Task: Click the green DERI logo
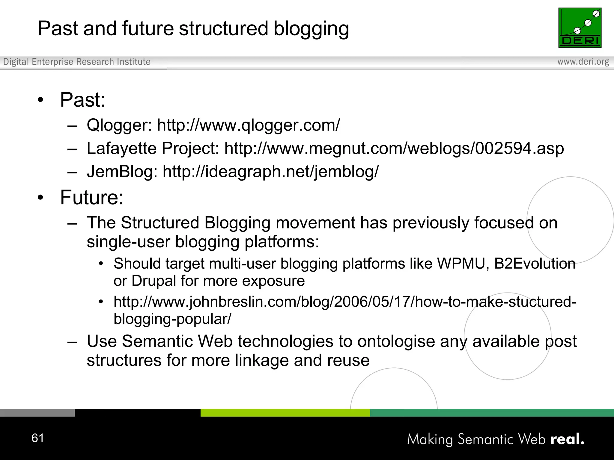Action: pyautogui.click(x=580, y=28)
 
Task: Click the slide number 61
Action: pyautogui.click(x=38, y=438)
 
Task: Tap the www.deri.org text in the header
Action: pyautogui.click(x=583, y=62)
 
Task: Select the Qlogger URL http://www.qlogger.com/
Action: pyautogui.click(x=249, y=125)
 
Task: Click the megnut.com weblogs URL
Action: pyautogui.click(x=394, y=148)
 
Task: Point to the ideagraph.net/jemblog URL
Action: pyautogui.click(x=270, y=172)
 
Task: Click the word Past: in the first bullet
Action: pyautogui.click(x=82, y=100)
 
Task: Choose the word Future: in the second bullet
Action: pyautogui.click(x=92, y=197)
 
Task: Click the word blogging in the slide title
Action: pyautogui.click(x=311, y=29)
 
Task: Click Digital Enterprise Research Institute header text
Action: pyautogui.click(x=77, y=62)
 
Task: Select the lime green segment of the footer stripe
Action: pyautogui.click(x=285, y=413)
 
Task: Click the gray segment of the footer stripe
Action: pyautogui.click(x=37, y=413)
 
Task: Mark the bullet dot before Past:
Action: pyautogui.click(x=40, y=100)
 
